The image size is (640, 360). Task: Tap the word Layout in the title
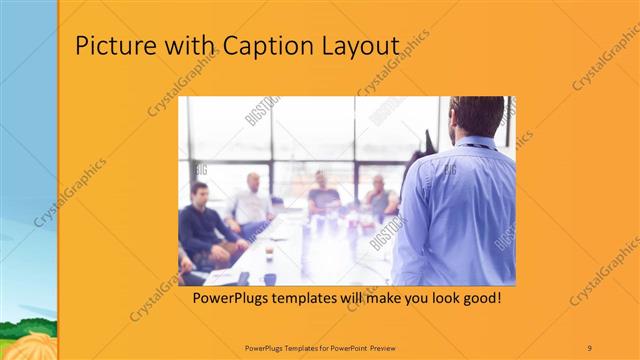coord(363,47)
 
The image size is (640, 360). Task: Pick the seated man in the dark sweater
coord(205,225)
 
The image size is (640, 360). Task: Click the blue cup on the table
coord(270,279)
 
